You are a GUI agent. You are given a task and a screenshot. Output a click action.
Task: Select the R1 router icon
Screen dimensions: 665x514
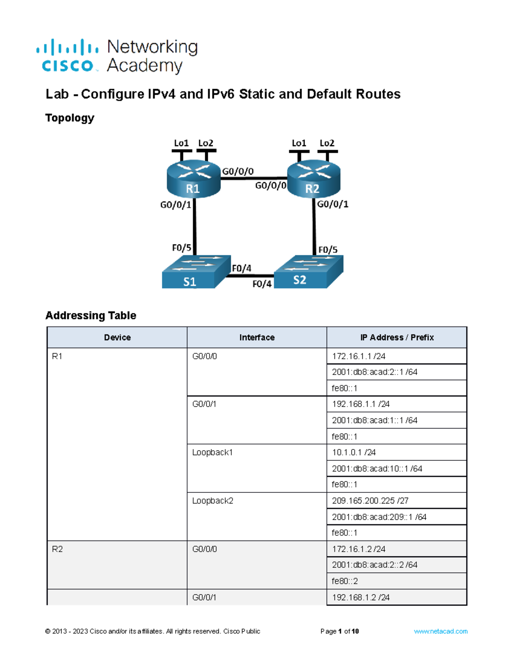pos(193,180)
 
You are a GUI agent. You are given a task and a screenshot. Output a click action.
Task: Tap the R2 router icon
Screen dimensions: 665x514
pos(313,180)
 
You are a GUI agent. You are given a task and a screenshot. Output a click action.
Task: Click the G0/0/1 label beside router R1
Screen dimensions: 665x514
pos(175,205)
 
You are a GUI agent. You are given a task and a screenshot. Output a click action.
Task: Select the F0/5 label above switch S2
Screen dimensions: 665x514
pos(328,250)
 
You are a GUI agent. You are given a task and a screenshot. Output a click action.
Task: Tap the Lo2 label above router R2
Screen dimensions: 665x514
pos(327,143)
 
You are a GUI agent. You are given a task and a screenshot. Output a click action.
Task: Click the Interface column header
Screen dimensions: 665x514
pos(257,337)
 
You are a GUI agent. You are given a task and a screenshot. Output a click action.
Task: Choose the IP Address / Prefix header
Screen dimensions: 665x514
pos(397,337)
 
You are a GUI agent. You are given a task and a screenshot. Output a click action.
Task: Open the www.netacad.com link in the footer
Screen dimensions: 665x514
pos(440,631)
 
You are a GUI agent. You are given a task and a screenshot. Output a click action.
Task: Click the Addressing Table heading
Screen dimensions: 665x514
pos(91,316)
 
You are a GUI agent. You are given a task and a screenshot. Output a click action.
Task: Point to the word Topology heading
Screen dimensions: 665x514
pos(70,118)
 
